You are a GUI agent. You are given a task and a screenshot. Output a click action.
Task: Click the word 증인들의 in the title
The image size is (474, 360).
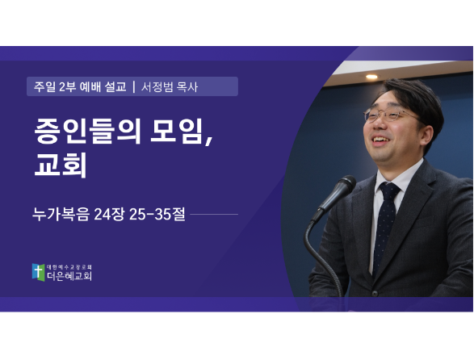87,130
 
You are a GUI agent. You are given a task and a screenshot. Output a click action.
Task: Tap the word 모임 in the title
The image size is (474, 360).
177,130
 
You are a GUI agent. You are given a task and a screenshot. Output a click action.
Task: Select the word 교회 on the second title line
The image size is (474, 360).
61,165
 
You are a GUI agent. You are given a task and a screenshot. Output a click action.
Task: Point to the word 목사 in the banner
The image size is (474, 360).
187,87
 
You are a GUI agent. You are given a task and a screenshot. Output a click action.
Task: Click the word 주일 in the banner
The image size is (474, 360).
44,86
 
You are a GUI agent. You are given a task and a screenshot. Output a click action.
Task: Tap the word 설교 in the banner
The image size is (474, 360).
115,86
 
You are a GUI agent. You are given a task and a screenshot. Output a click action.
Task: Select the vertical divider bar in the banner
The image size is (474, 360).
134,86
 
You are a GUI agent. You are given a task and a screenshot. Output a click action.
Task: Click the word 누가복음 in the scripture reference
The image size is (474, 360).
61,215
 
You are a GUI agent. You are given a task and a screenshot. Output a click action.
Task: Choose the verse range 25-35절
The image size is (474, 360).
157,215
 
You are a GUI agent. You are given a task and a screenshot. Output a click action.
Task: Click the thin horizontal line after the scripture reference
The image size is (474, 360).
214,215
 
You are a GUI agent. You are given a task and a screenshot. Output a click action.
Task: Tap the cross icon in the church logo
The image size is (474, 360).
38,272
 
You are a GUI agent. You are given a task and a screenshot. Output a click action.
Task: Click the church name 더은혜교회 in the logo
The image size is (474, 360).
69,275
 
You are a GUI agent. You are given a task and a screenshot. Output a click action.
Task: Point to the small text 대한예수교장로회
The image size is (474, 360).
69,267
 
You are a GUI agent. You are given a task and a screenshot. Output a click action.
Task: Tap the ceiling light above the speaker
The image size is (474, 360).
371,77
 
